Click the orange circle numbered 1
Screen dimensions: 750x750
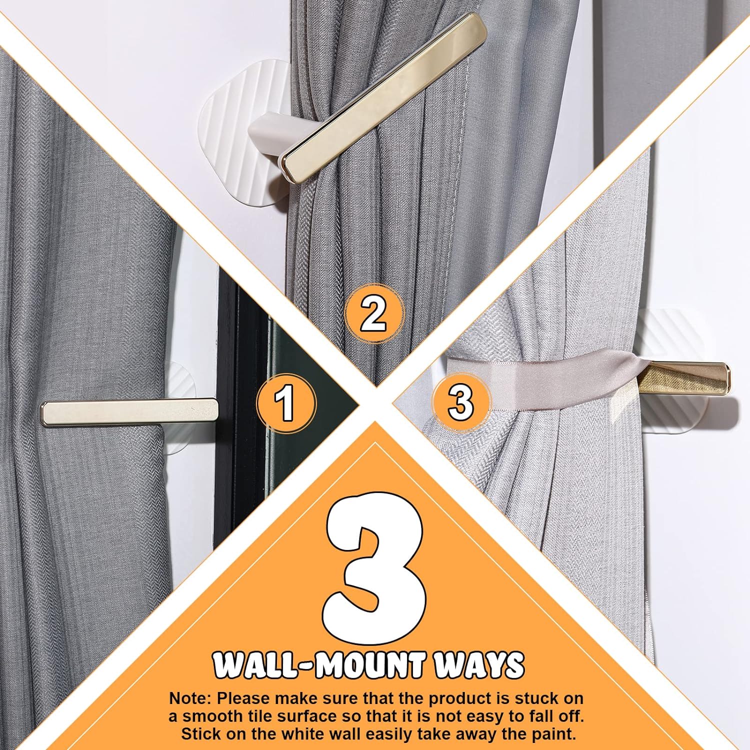pyautogui.click(x=286, y=403)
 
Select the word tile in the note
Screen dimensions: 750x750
pyautogui.click(x=274, y=716)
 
